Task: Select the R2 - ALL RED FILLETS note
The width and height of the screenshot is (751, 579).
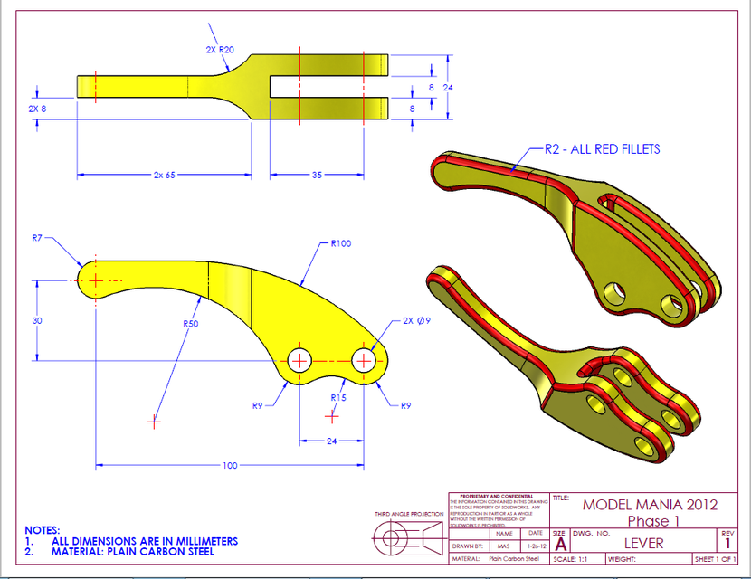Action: [602, 149]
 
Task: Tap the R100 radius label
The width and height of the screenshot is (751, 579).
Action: [341, 243]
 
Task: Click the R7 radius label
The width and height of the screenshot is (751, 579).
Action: [37, 238]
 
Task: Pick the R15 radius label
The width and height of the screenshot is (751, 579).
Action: [338, 397]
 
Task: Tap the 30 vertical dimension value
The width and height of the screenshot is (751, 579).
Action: [37, 321]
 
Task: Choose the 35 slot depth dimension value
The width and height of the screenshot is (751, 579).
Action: [317, 175]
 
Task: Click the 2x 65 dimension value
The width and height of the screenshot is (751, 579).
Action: [164, 175]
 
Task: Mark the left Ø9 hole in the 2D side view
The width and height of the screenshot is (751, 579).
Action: [299, 360]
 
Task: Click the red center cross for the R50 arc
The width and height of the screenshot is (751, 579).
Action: [154, 422]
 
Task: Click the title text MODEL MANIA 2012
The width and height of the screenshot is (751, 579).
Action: [650, 505]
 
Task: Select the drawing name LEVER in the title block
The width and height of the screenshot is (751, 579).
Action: [643, 543]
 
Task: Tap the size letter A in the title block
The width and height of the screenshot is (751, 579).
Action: [561, 545]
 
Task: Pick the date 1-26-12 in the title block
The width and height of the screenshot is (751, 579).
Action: [536, 546]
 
